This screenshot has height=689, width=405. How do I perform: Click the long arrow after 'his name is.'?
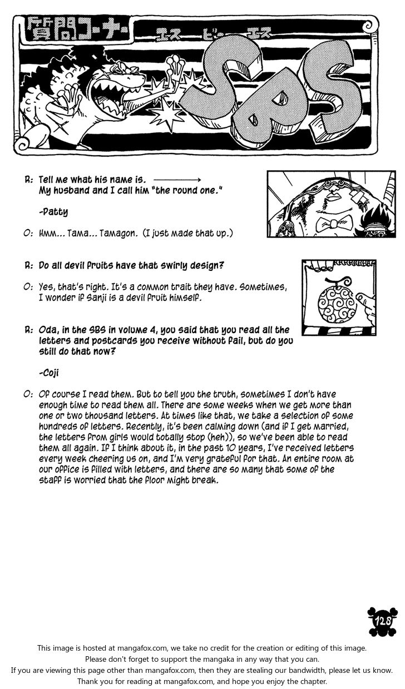[176, 180]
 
